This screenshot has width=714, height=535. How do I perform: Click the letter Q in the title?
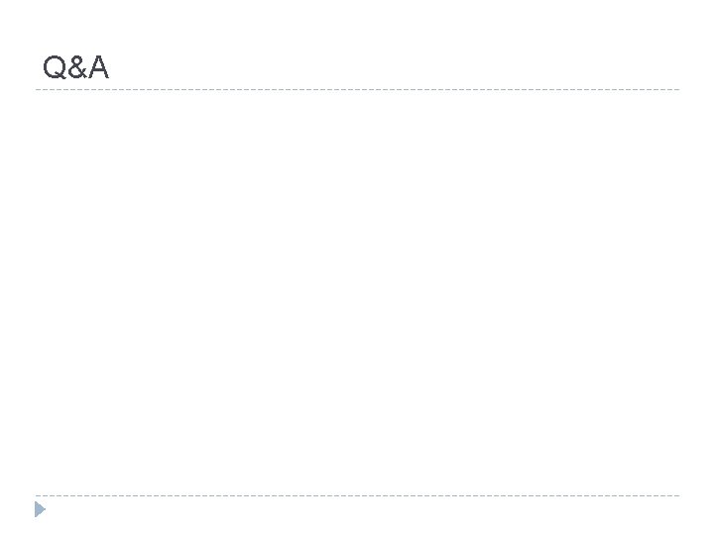[x=55, y=67]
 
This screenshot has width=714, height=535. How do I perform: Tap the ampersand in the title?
[x=76, y=68]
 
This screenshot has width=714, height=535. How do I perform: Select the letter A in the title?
[x=97, y=67]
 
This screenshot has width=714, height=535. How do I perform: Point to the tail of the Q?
[x=62, y=77]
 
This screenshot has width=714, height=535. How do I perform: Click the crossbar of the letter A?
[x=97, y=72]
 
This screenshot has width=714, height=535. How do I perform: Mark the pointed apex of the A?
[x=97, y=57]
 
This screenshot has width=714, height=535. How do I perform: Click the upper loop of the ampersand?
[x=75, y=61]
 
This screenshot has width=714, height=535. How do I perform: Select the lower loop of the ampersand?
[x=74, y=73]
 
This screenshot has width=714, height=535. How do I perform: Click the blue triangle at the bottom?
[x=39, y=510]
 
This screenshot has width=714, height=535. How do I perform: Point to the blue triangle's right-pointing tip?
[x=46, y=510]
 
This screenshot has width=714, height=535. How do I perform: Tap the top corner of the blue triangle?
[x=35, y=502]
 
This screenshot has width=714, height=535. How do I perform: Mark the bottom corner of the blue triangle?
[x=35, y=518]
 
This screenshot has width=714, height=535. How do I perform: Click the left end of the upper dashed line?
[x=36, y=90]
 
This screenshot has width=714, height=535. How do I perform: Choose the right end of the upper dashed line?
[x=679, y=90]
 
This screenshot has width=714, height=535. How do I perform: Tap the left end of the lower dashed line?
[x=36, y=495]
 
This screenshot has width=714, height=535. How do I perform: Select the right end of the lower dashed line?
[x=679, y=495]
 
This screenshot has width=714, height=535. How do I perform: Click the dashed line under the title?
[x=357, y=90]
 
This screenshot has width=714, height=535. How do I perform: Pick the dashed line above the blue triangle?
[x=357, y=495]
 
